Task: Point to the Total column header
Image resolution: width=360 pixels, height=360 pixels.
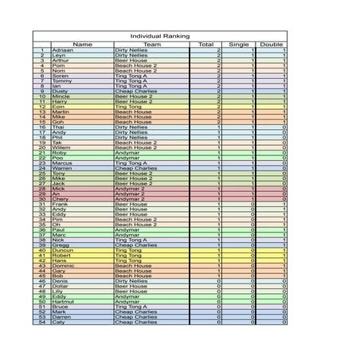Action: (x=206, y=45)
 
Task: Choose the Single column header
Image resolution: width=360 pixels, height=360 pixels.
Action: (x=239, y=45)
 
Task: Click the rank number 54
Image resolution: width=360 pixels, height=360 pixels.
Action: (x=42, y=322)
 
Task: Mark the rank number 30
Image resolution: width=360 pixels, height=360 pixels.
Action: (x=42, y=199)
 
